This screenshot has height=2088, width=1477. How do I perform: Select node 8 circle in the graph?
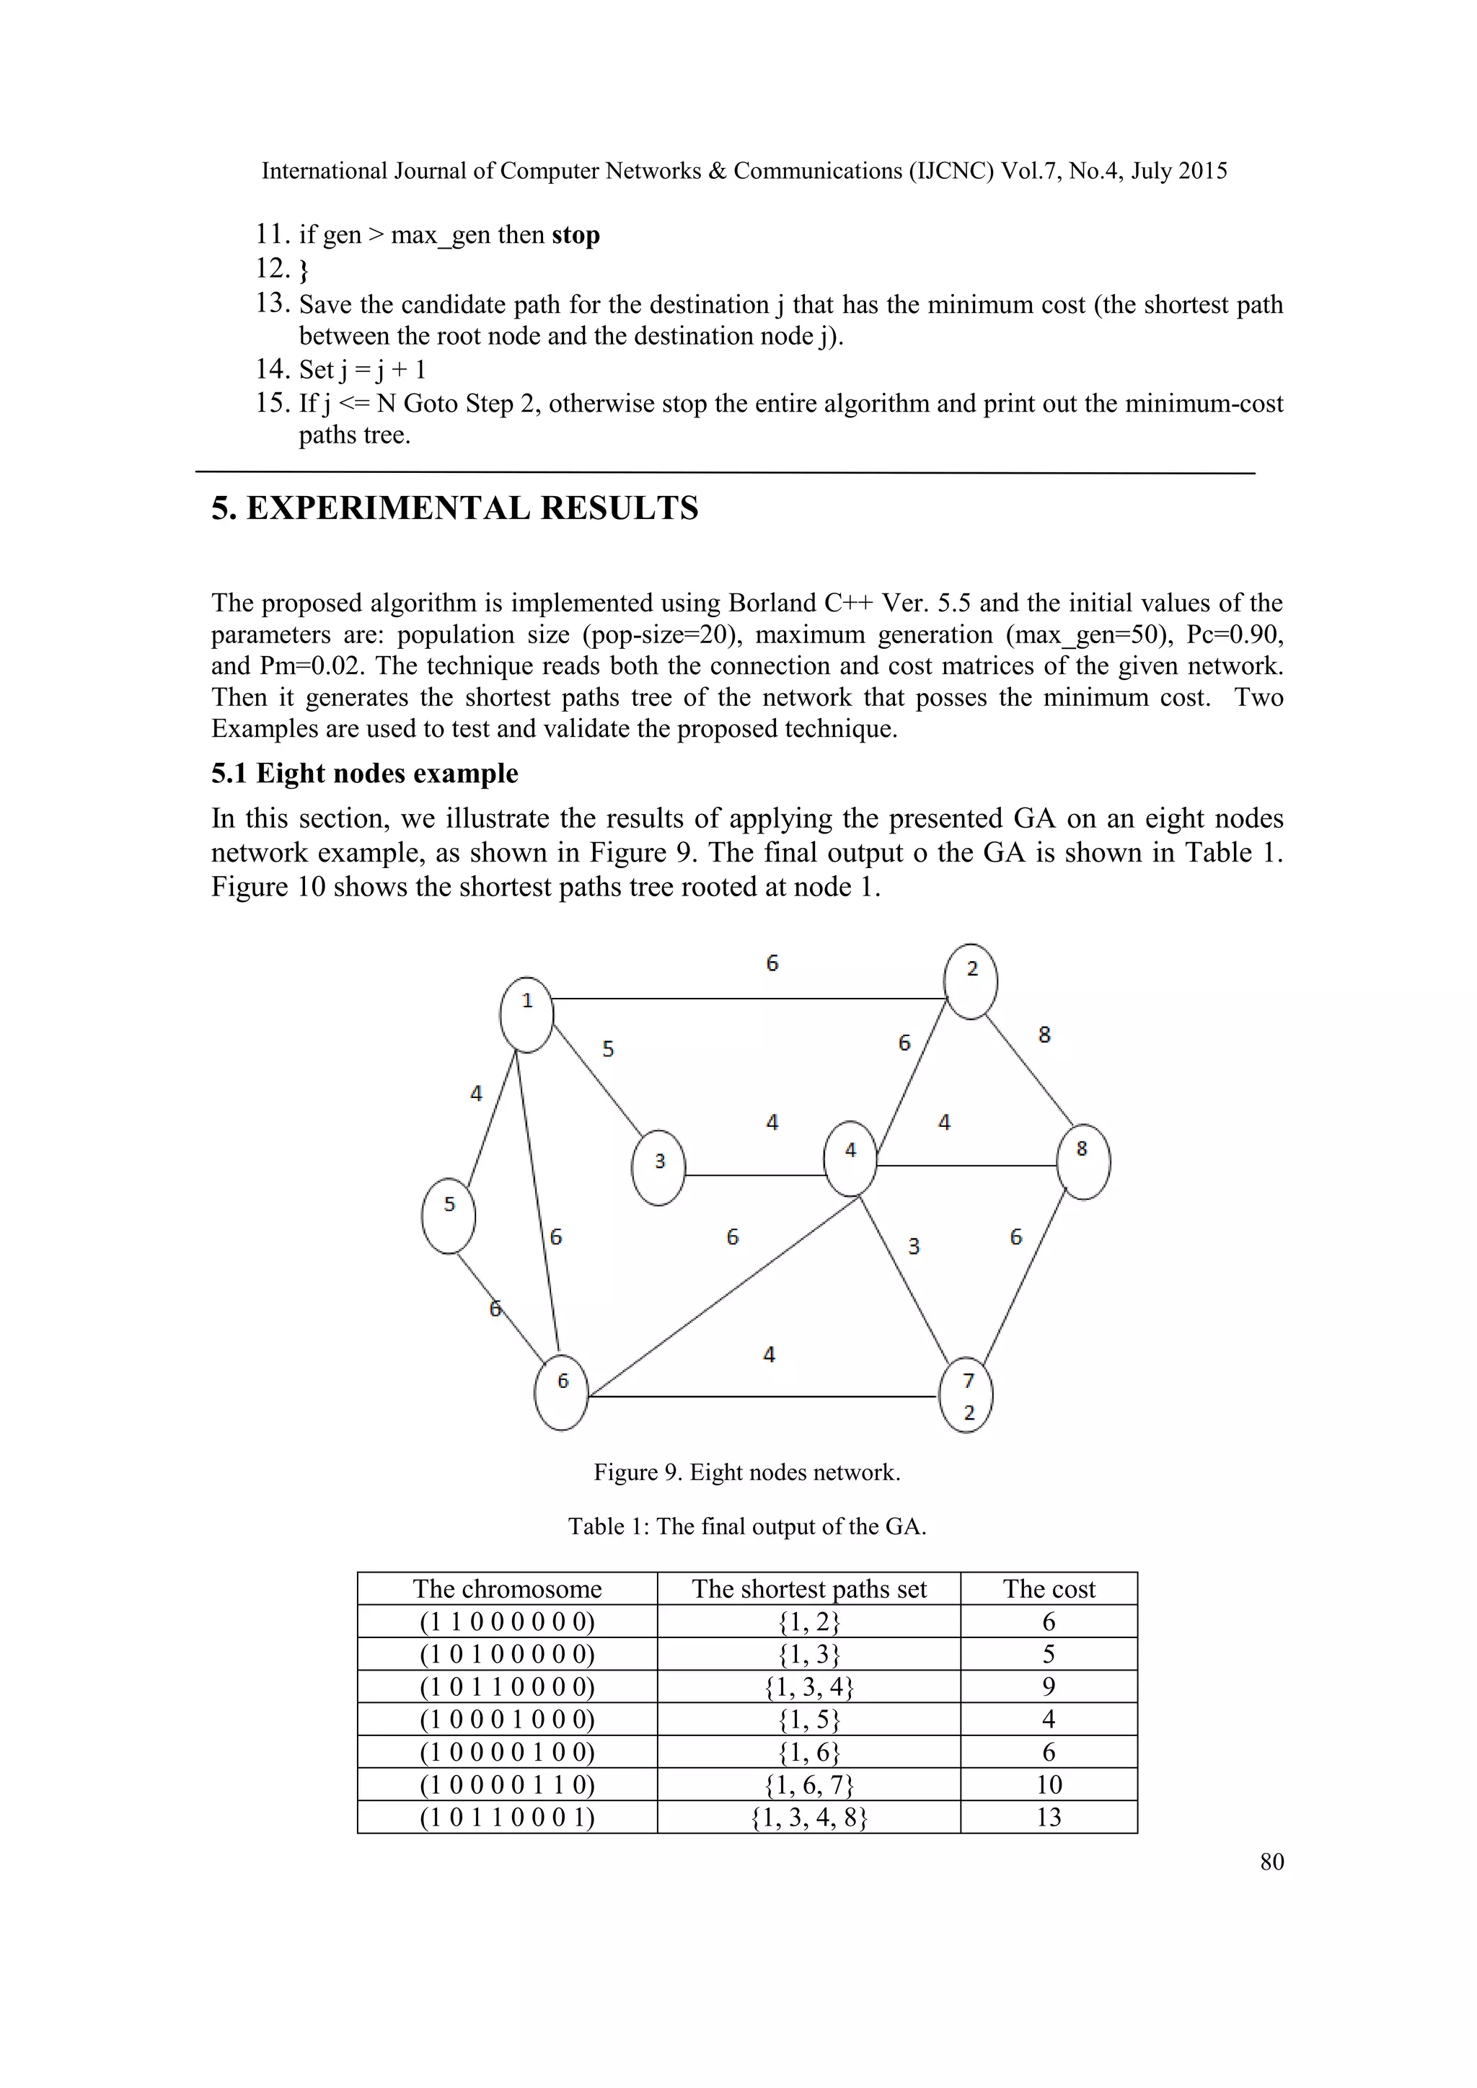tap(1083, 1162)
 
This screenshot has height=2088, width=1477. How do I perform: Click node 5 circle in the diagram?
tap(449, 1216)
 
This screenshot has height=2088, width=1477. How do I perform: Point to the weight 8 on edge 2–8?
tap(1044, 1034)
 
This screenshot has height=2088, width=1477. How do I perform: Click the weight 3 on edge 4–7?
tap(914, 1246)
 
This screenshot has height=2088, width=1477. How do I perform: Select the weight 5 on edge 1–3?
tap(607, 1048)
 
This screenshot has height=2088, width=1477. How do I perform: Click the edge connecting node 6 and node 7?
tap(764, 1396)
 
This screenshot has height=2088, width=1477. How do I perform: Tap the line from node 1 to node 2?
tap(746, 999)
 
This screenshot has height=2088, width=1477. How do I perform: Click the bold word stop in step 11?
tap(575, 234)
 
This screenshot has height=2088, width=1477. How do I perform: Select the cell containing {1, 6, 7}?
tap(808, 1784)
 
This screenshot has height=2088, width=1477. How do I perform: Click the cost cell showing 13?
tap(1049, 1817)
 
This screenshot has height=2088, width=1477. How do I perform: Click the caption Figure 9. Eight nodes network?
tap(746, 1472)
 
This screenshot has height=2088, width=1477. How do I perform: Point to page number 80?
tap(1271, 1862)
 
